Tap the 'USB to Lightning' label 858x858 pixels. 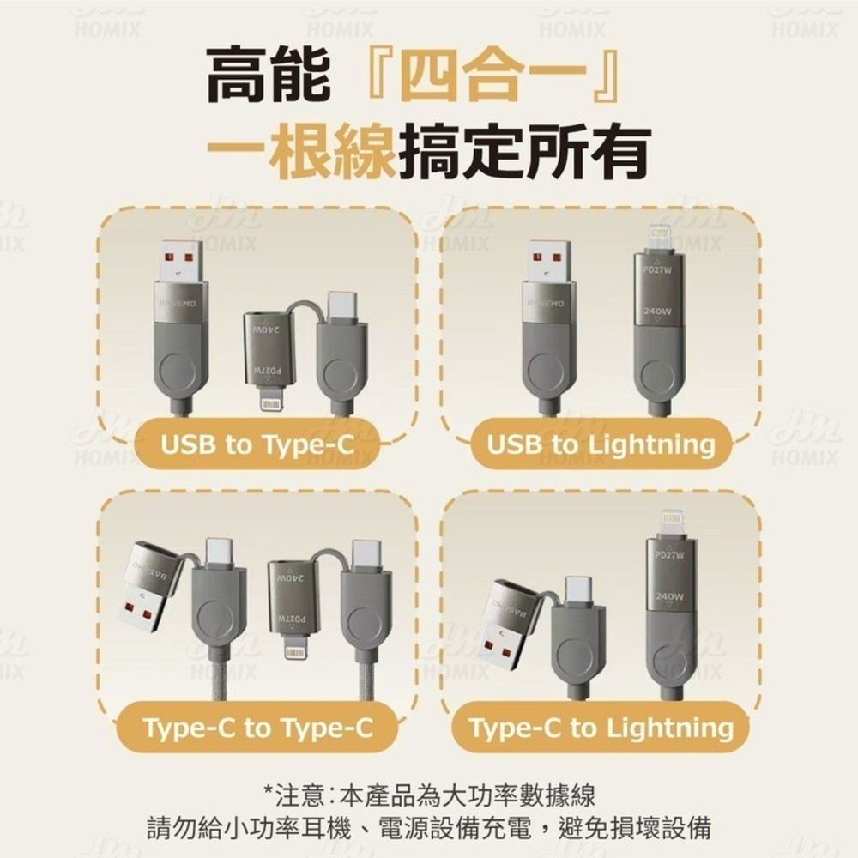coord(601,445)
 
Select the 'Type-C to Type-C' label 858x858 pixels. coord(258,728)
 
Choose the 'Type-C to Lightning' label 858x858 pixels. coord(601,728)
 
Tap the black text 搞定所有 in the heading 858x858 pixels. coord(523,152)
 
